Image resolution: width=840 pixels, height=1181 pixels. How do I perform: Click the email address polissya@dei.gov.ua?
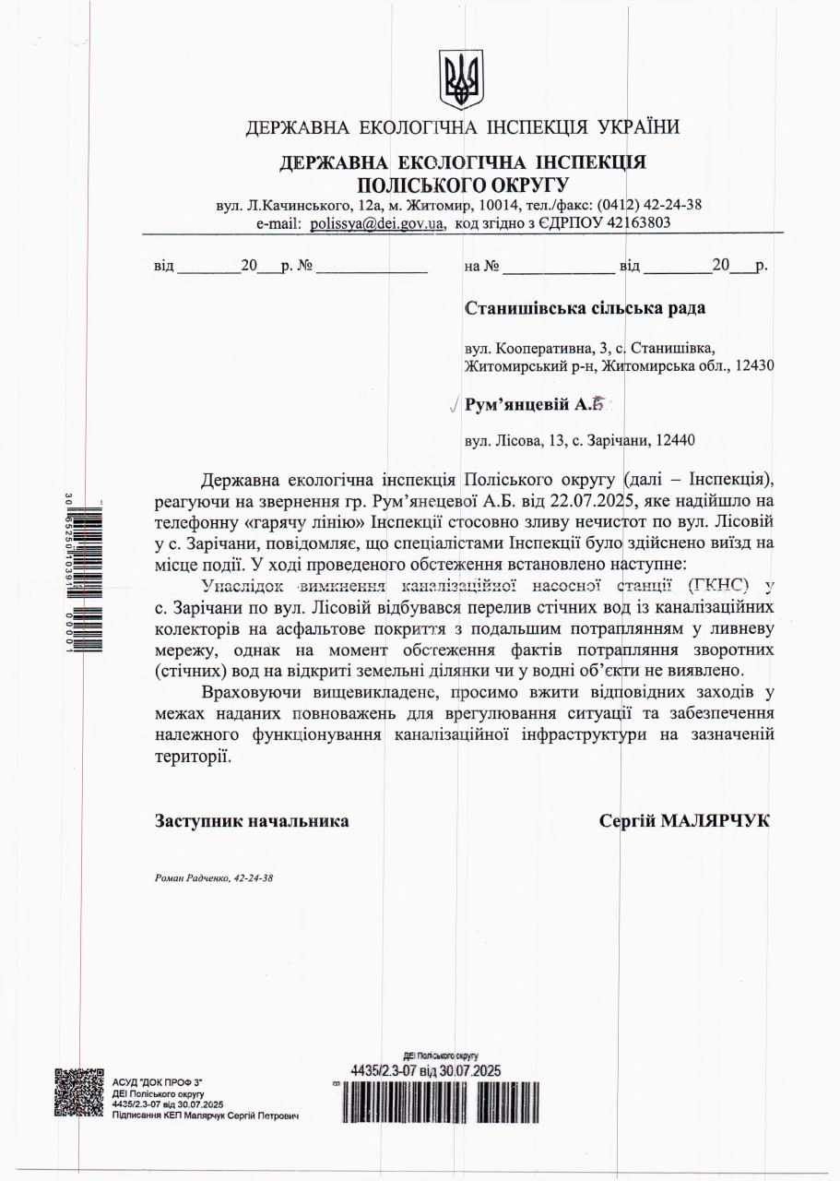(376, 222)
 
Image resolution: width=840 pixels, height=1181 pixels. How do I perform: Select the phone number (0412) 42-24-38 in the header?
(649, 204)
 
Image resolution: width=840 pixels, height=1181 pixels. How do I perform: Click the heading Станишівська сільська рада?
(586, 308)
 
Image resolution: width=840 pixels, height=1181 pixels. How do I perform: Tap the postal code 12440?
(677, 441)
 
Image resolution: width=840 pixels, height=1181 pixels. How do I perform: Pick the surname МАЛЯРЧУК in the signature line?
(715, 820)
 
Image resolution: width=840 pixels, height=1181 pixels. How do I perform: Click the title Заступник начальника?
(252, 820)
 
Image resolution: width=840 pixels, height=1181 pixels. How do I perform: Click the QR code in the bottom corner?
(78, 1092)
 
